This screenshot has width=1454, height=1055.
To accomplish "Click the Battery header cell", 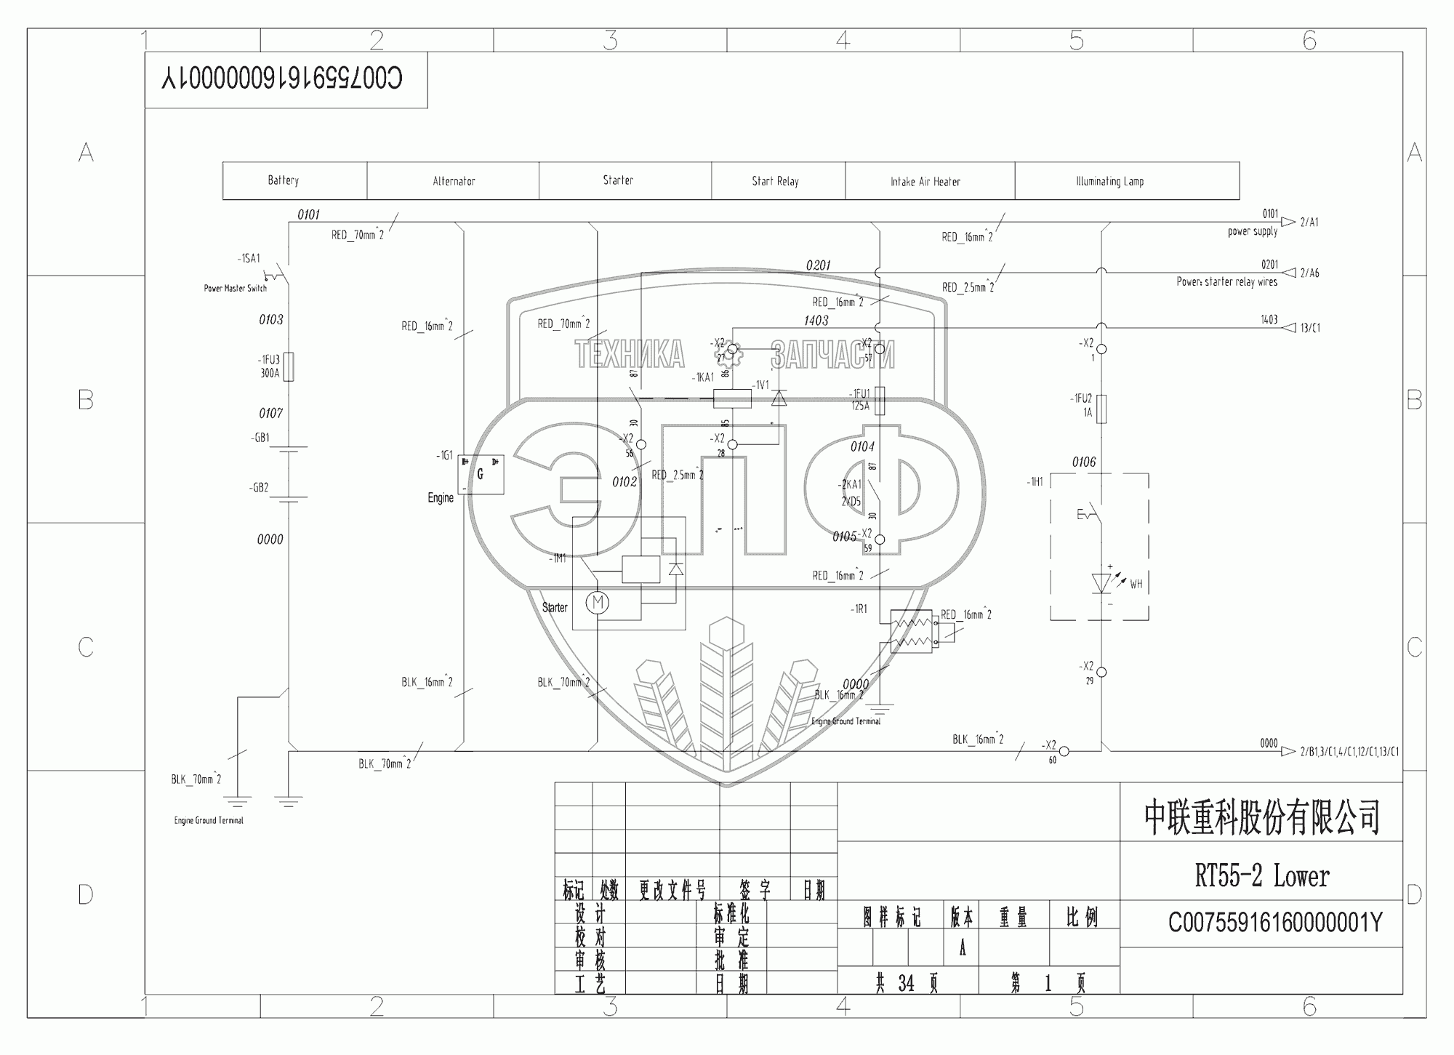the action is point(284,180).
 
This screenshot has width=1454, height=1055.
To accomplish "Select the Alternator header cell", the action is point(454,181).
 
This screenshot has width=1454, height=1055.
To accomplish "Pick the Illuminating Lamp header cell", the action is point(1109,181).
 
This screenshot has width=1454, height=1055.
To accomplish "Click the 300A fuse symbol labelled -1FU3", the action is point(289,366).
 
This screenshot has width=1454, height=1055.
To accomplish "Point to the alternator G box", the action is point(481,475).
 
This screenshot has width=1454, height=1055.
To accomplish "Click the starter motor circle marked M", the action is point(598,602).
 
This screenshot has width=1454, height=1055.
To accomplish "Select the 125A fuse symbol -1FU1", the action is point(880,400).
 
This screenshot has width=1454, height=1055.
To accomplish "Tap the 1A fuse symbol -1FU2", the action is point(1101,409).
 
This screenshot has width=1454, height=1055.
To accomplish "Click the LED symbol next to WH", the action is point(1101,583).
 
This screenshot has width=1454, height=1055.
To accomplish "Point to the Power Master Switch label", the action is point(235,289).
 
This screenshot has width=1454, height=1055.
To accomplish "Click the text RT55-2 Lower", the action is point(1262,876).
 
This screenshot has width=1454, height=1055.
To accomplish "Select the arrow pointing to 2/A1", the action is point(1288,222).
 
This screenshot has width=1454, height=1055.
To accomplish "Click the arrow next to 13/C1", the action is point(1288,328).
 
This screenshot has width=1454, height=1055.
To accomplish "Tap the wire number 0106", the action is point(1083,462).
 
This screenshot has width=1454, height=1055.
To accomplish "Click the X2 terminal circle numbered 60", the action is point(1063,750).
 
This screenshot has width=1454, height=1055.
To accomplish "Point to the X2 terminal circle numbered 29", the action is point(1101,673).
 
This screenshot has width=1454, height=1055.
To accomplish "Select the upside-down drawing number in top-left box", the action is point(282,78).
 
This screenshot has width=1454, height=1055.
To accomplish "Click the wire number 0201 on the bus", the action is point(818,265).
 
